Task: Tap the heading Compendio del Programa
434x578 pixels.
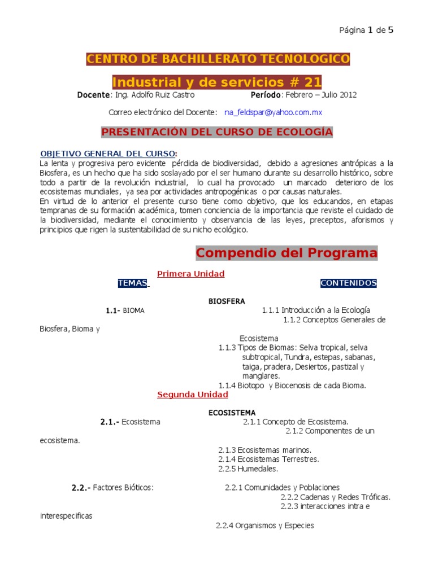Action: tap(287, 253)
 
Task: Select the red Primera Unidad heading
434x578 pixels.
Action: tap(190, 274)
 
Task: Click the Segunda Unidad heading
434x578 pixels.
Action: tap(192, 395)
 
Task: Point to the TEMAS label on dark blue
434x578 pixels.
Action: tap(133, 283)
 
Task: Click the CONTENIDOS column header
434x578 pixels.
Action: tap(348, 283)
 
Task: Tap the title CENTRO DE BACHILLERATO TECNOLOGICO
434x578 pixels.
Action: tap(218, 59)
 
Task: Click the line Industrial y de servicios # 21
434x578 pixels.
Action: tap(217, 82)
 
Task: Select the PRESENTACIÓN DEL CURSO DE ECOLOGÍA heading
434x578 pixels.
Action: tap(217, 132)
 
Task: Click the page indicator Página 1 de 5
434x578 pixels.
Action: tap(366, 30)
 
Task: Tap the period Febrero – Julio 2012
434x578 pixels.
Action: tap(320, 95)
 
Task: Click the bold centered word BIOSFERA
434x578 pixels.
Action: tap(227, 301)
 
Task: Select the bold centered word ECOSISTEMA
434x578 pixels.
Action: tap(232, 413)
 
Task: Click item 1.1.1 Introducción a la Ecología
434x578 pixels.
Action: tap(315, 310)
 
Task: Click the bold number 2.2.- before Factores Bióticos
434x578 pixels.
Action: tap(81, 488)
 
